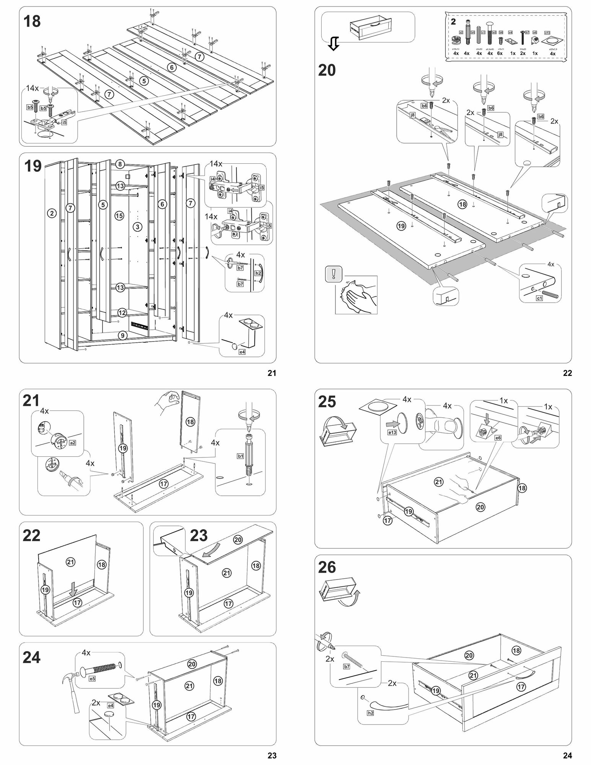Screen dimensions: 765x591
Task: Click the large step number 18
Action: point(32,21)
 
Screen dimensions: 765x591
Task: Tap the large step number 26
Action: point(327,568)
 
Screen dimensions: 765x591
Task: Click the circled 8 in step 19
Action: point(120,164)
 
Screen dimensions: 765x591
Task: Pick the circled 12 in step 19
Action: point(122,313)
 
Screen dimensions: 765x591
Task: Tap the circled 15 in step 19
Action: point(119,216)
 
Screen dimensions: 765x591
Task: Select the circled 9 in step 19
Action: point(122,336)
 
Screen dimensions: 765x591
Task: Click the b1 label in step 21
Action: point(241,456)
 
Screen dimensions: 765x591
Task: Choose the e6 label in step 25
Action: point(498,438)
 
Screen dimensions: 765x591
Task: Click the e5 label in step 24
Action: point(92,679)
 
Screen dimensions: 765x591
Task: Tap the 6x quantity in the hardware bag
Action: point(500,54)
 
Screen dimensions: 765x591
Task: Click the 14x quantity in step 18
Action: point(32,88)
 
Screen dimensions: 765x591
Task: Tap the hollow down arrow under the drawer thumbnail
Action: point(334,45)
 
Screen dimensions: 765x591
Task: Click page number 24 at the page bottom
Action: point(567,755)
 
